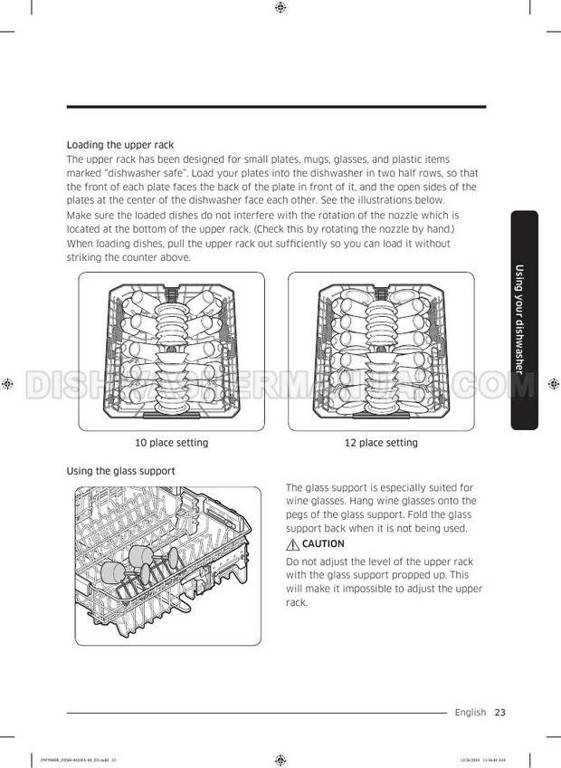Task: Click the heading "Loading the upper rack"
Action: pyautogui.click(x=120, y=145)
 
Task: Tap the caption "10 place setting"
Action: pyautogui.click(x=171, y=443)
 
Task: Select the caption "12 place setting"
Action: pyautogui.click(x=381, y=443)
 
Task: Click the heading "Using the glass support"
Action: pyautogui.click(x=120, y=471)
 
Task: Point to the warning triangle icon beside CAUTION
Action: pyautogui.click(x=292, y=544)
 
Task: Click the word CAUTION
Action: pyautogui.click(x=323, y=544)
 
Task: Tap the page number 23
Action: pyautogui.click(x=499, y=713)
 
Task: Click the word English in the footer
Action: pyautogui.click(x=471, y=713)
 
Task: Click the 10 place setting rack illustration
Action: pyautogui.click(x=171, y=351)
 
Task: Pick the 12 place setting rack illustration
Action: pyautogui.click(x=381, y=351)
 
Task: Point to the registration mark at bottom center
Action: pyautogui.click(x=280, y=759)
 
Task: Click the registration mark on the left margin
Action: pyautogui.click(x=7, y=384)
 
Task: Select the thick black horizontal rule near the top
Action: pyautogui.click(x=276, y=107)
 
